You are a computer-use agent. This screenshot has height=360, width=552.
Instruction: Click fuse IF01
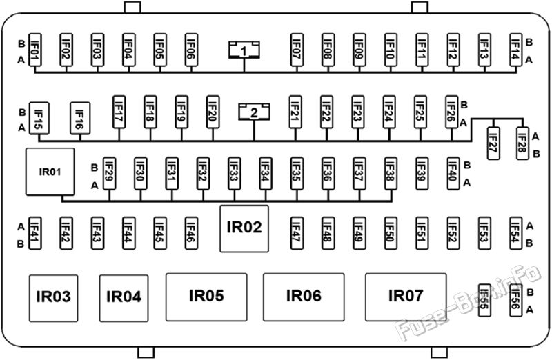point(35,50)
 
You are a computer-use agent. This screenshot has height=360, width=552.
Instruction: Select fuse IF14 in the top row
point(515,50)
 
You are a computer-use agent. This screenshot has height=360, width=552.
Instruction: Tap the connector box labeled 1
point(244,50)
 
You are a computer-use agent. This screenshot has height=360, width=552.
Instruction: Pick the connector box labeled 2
point(254,112)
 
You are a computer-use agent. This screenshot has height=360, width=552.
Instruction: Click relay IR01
point(50,172)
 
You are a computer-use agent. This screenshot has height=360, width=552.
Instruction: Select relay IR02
point(244,229)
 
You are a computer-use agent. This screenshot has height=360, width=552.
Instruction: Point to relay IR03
point(54,298)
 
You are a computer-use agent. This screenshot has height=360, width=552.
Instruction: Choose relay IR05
point(206,297)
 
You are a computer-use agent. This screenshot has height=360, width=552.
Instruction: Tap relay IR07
point(406,297)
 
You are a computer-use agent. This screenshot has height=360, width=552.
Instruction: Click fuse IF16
point(80,118)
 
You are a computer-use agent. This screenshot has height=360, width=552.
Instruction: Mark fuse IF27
point(493,143)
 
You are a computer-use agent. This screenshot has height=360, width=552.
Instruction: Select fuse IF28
point(523,143)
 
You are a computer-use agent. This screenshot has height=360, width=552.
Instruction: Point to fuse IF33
point(234,174)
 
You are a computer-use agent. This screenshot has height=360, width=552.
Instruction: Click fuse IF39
point(422,174)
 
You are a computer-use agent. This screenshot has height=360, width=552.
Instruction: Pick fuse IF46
point(191,233)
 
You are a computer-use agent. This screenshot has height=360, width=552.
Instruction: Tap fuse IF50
point(391,233)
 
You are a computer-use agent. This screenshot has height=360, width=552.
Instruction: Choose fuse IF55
point(484,300)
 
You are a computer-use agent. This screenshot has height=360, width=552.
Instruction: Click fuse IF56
point(515,300)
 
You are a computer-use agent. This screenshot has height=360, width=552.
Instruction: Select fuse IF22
point(326,112)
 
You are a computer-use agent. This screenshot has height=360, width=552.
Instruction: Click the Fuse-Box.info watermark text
point(469,303)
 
